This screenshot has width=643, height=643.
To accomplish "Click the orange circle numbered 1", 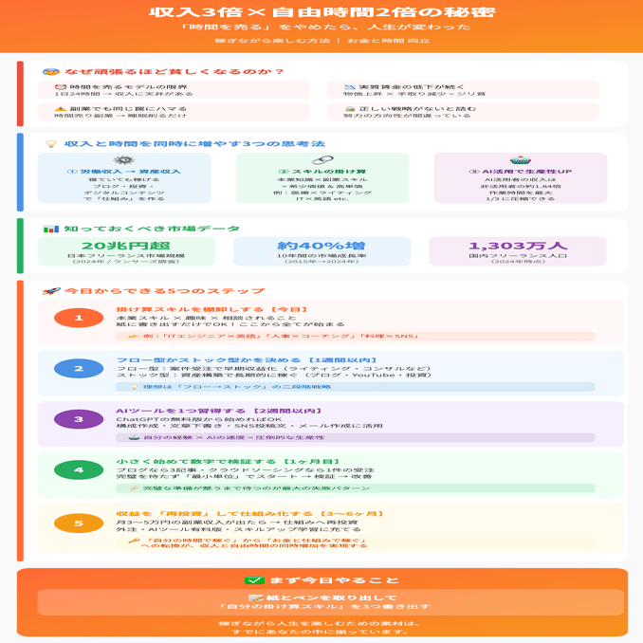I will coord(79,319).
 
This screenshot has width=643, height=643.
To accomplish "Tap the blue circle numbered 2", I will coord(79,369).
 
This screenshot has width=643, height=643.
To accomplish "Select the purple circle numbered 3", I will coord(79,419).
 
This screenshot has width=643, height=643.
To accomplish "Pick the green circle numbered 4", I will coord(79,470).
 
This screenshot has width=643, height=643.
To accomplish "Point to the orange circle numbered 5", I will coord(79,523).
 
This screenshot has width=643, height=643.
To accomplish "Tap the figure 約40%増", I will coord(321,246).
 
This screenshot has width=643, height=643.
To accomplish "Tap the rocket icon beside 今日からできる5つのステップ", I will coord(51,290).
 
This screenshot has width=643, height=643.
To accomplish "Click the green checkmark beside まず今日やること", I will coord(253,580).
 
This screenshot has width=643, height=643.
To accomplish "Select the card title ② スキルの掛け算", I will coord(321,172).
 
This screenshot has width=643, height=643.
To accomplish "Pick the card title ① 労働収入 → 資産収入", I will coord(123,172).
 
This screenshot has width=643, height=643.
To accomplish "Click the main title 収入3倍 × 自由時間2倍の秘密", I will coord(321,12).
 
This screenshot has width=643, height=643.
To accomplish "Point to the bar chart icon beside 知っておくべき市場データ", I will coord(51,229).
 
